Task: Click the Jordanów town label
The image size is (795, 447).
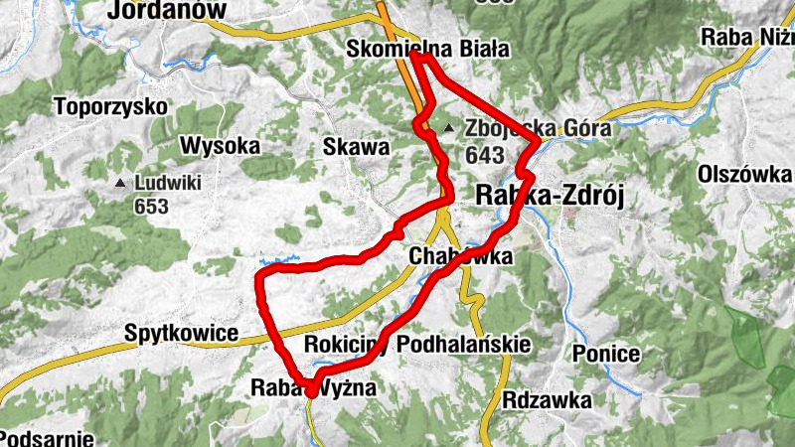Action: tap(167, 10)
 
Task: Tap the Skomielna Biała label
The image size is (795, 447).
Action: tap(427, 49)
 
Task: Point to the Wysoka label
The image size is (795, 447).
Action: tap(220, 146)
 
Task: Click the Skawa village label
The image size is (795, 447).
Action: tap(356, 147)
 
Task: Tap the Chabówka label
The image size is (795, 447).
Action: tap(461, 256)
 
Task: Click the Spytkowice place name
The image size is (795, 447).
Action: tap(182, 333)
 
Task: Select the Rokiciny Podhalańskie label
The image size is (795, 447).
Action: tap(417, 344)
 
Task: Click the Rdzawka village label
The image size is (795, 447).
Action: tap(547, 400)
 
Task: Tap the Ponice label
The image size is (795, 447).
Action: tap(606, 353)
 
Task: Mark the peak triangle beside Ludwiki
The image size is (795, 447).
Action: tap(120, 184)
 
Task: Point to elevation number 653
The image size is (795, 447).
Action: tap(151, 207)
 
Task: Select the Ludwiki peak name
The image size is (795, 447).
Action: tap(168, 183)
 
